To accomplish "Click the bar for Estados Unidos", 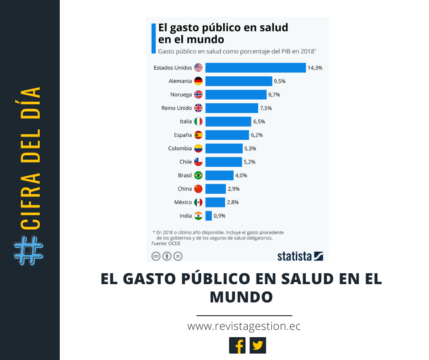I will coord(255,68).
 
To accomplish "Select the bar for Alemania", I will coord(239,81).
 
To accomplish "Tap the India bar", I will coord(209,216).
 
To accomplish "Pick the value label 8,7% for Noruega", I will coord(274,95).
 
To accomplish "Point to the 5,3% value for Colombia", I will coord(250,148).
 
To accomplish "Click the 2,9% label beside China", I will coord(233,189).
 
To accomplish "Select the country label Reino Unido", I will coord(177,108).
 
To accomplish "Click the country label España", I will coord(183,135).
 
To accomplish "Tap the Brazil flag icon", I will coord(198,175).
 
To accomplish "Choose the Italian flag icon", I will coord(198,122).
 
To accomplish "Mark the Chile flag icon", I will coord(198,162).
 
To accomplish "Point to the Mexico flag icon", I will coord(198,202).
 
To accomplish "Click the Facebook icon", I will coord(237,345).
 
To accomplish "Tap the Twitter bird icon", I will coord(258,345).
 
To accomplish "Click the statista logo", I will coord(300,256).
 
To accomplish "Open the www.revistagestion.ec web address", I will coord(244,327).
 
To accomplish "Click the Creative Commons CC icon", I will coord(156,256).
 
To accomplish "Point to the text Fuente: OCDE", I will coord(166,244).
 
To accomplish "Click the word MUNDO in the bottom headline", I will coord(241,297).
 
